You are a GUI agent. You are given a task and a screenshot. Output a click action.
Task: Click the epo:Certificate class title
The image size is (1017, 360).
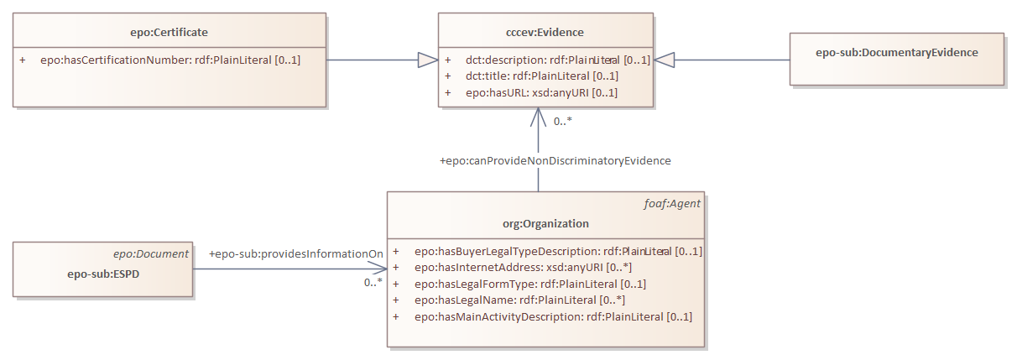point(169,33)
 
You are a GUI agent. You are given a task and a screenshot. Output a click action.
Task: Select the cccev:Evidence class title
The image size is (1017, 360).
point(545,33)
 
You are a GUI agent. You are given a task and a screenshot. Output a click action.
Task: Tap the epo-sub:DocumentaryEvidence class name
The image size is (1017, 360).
point(896,52)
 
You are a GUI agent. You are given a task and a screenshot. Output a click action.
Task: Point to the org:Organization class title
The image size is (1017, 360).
point(545,224)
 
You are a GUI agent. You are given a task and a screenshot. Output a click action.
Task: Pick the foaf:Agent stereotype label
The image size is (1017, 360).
point(677,203)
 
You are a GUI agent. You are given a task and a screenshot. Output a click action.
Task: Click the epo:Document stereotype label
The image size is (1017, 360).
point(151,253)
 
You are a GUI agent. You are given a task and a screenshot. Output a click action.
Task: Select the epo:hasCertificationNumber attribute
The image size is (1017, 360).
point(169,60)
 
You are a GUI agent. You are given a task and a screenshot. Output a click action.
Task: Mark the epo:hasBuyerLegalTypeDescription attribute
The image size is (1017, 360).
point(558,251)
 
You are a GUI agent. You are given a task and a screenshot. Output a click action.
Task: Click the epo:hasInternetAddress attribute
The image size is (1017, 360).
point(523,268)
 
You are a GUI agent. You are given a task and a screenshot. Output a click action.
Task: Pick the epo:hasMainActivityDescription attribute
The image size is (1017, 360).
point(553,316)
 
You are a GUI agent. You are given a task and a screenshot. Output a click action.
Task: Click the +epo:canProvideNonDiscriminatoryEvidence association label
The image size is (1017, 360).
point(555,160)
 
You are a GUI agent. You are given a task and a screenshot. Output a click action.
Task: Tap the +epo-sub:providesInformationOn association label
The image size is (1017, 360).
point(295,253)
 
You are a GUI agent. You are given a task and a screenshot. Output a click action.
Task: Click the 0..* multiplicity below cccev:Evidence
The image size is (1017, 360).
point(562,122)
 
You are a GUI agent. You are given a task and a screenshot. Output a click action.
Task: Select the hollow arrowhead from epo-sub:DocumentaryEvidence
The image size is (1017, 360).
point(665,60)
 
